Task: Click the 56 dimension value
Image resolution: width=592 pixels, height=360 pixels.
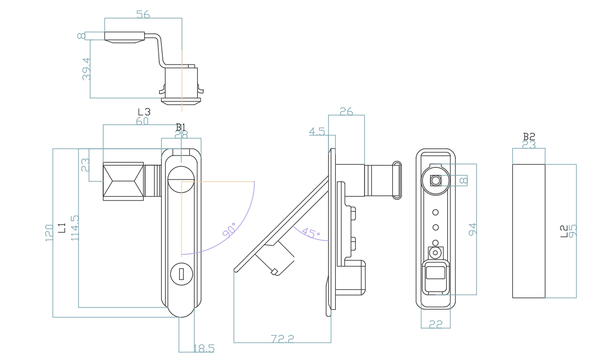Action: pos(143,14)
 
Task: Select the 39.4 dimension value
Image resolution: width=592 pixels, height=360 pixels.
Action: pos(86,69)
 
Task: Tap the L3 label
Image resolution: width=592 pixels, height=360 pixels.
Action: pos(144,112)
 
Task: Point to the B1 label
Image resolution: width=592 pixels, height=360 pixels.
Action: pos(181,126)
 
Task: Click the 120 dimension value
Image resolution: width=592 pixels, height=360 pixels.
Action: pos(49,232)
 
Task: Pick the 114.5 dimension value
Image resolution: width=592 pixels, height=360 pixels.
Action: pos(75,228)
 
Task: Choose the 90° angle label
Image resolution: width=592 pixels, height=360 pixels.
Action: pos(230,231)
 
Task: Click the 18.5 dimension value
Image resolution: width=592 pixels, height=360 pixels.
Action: pos(204,348)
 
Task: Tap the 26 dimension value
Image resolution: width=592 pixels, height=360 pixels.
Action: pos(346,111)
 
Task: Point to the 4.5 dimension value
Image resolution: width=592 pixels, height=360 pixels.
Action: pos(317,132)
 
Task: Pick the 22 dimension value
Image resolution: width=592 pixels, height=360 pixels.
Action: pos(436,324)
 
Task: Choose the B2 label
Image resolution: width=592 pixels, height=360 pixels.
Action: pos(529,136)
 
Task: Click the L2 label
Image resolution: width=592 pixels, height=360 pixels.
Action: pos(564,231)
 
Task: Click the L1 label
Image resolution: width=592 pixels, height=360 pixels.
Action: pos(62,228)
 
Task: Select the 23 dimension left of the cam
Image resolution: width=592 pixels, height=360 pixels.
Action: pos(85,164)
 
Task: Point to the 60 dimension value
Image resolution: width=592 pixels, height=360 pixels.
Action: pos(142,121)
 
